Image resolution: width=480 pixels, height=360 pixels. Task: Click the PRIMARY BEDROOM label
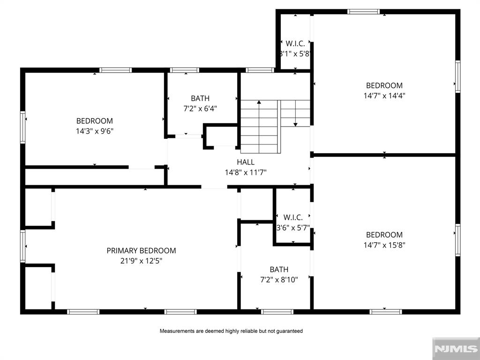click(141, 250)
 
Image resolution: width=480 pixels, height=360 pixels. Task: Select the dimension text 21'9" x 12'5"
click(141, 260)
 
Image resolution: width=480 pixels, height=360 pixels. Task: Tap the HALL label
click(246, 162)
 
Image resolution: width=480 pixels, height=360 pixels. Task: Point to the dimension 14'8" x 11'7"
click(246, 172)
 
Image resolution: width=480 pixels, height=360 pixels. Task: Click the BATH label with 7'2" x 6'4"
click(200, 98)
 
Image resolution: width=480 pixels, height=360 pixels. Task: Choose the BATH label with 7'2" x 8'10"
click(279, 270)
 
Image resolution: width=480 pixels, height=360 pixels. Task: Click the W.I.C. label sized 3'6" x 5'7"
click(293, 217)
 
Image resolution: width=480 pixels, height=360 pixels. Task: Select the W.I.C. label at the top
click(295, 44)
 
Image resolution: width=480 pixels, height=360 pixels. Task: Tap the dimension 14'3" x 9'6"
click(95, 131)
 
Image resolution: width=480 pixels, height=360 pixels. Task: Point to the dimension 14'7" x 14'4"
click(384, 96)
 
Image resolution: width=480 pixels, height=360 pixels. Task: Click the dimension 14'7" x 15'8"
click(384, 245)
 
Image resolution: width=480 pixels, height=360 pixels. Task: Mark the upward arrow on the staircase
click(258, 102)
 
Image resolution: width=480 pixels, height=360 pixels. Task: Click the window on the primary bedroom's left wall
click(23, 246)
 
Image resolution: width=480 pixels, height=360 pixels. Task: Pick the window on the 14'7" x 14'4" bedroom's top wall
click(363, 12)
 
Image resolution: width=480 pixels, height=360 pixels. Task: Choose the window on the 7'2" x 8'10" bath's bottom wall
click(277, 312)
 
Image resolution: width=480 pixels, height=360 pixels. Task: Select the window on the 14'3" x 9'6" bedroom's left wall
click(23, 127)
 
